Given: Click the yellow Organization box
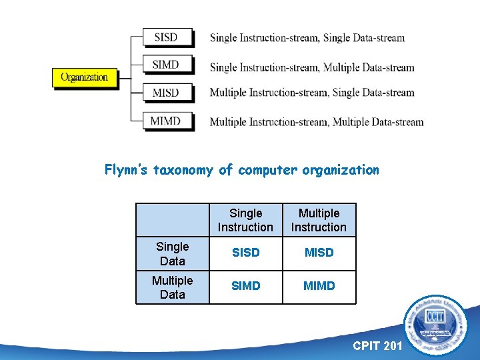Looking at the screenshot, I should pyautogui.click(x=84, y=77).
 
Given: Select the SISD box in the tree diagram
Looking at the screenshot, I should pyautogui.click(x=167, y=37).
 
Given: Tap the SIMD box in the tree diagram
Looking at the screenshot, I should pyautogui.click(x=167, y=65).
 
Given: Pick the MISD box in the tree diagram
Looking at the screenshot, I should pyautogui.click(x=167, y=93).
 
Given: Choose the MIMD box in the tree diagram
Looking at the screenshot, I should pyautogui.click(x=167, y=121).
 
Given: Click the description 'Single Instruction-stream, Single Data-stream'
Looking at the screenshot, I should pyautogui.click(x=307, y=38).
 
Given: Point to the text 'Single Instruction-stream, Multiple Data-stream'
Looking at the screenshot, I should pyautogui.click(x=312, y=67).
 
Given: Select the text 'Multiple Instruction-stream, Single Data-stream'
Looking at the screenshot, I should pyautogui.click(x=312, y=93).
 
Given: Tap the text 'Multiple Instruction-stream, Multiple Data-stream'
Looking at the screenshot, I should pyautogui.click(x=317, y=122).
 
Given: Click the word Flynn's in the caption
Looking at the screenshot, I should pyautogui.click(x=127, y=170).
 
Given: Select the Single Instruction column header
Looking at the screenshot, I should pyautogui.click(x=245, y=220).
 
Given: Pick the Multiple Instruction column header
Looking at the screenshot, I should pyautogui.click(x=319, y=220).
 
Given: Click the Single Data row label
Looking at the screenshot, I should pyautogui.click(x=173, y=254).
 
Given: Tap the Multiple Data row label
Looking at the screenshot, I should pyautogui.click(x=173, y=287).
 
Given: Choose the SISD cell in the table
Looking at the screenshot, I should pyautogui.click(x=245, y=253).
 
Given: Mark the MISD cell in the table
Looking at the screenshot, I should pyautogui.click(x=319, y=253).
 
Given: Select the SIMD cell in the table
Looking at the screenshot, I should pyautogui.click(x=245, y=286).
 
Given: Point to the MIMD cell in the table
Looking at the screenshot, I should pyautogui.click(x=319, y=286).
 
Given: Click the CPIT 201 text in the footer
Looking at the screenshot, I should pyautogui.click(x=377, y=346).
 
